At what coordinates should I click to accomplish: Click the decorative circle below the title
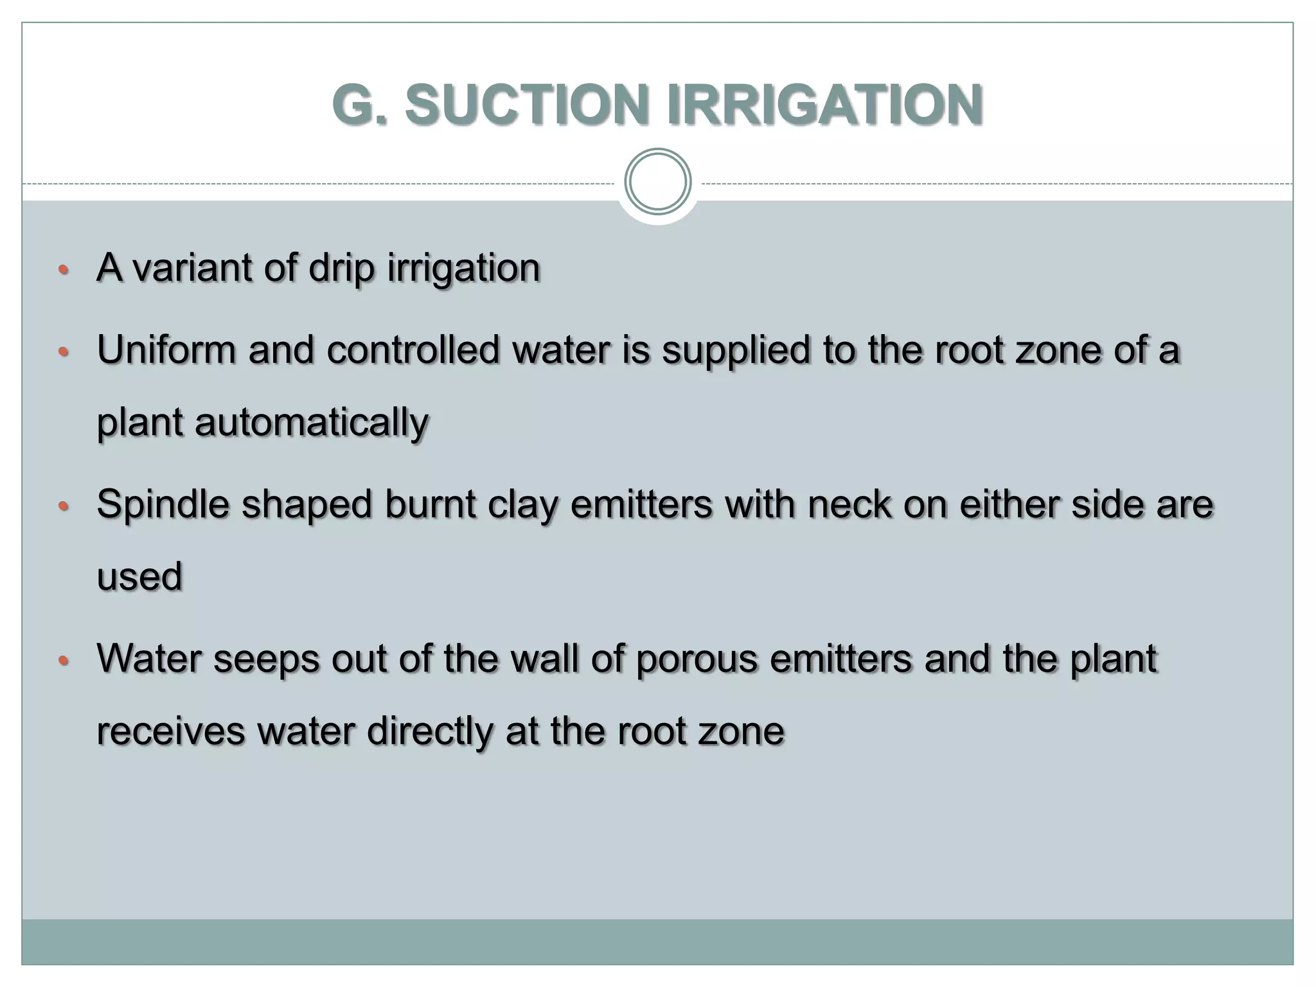tap(657, 181)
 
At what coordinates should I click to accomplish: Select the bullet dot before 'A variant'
tap(62, 269)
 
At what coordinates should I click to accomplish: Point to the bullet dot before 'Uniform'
tap(62, 352)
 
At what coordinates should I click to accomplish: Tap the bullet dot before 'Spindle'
tap(62, 506)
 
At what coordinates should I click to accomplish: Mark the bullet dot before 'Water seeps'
tap(62, 661)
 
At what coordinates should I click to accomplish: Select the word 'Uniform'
tap(166, 350)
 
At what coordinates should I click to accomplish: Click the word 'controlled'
tap(413, 350)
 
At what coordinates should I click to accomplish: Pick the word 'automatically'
tap(311, 423)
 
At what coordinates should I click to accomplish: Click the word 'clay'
tap(522, 506)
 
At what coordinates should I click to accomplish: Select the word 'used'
tap(139, 576)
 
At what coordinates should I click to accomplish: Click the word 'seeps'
tap(266, 660)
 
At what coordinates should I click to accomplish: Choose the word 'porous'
tap(696, 660)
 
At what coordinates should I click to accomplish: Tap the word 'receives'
tap(170, 732)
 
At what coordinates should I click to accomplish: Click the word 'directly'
tap(430, 732)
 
